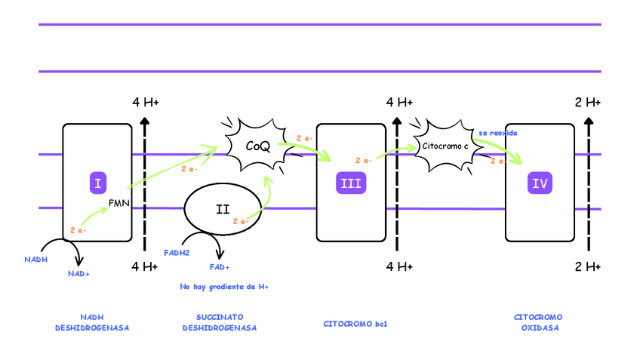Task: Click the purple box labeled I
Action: click(98, 183)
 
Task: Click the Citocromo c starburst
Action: click(445, 144)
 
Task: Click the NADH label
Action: click(35, 259)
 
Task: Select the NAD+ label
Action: click(78, 273)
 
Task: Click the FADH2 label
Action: click(177, 253)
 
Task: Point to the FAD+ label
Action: click(220, 267)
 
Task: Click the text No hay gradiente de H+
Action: click(224, 288)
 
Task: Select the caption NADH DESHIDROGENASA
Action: click(91, 322)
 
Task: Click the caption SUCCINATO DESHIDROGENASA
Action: click(220, 322)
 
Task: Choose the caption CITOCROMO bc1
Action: click(355, 323)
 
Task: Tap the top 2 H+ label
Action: click(588, 102)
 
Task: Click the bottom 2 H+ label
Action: click(588, 266)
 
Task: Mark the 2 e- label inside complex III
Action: click(363, 161)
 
